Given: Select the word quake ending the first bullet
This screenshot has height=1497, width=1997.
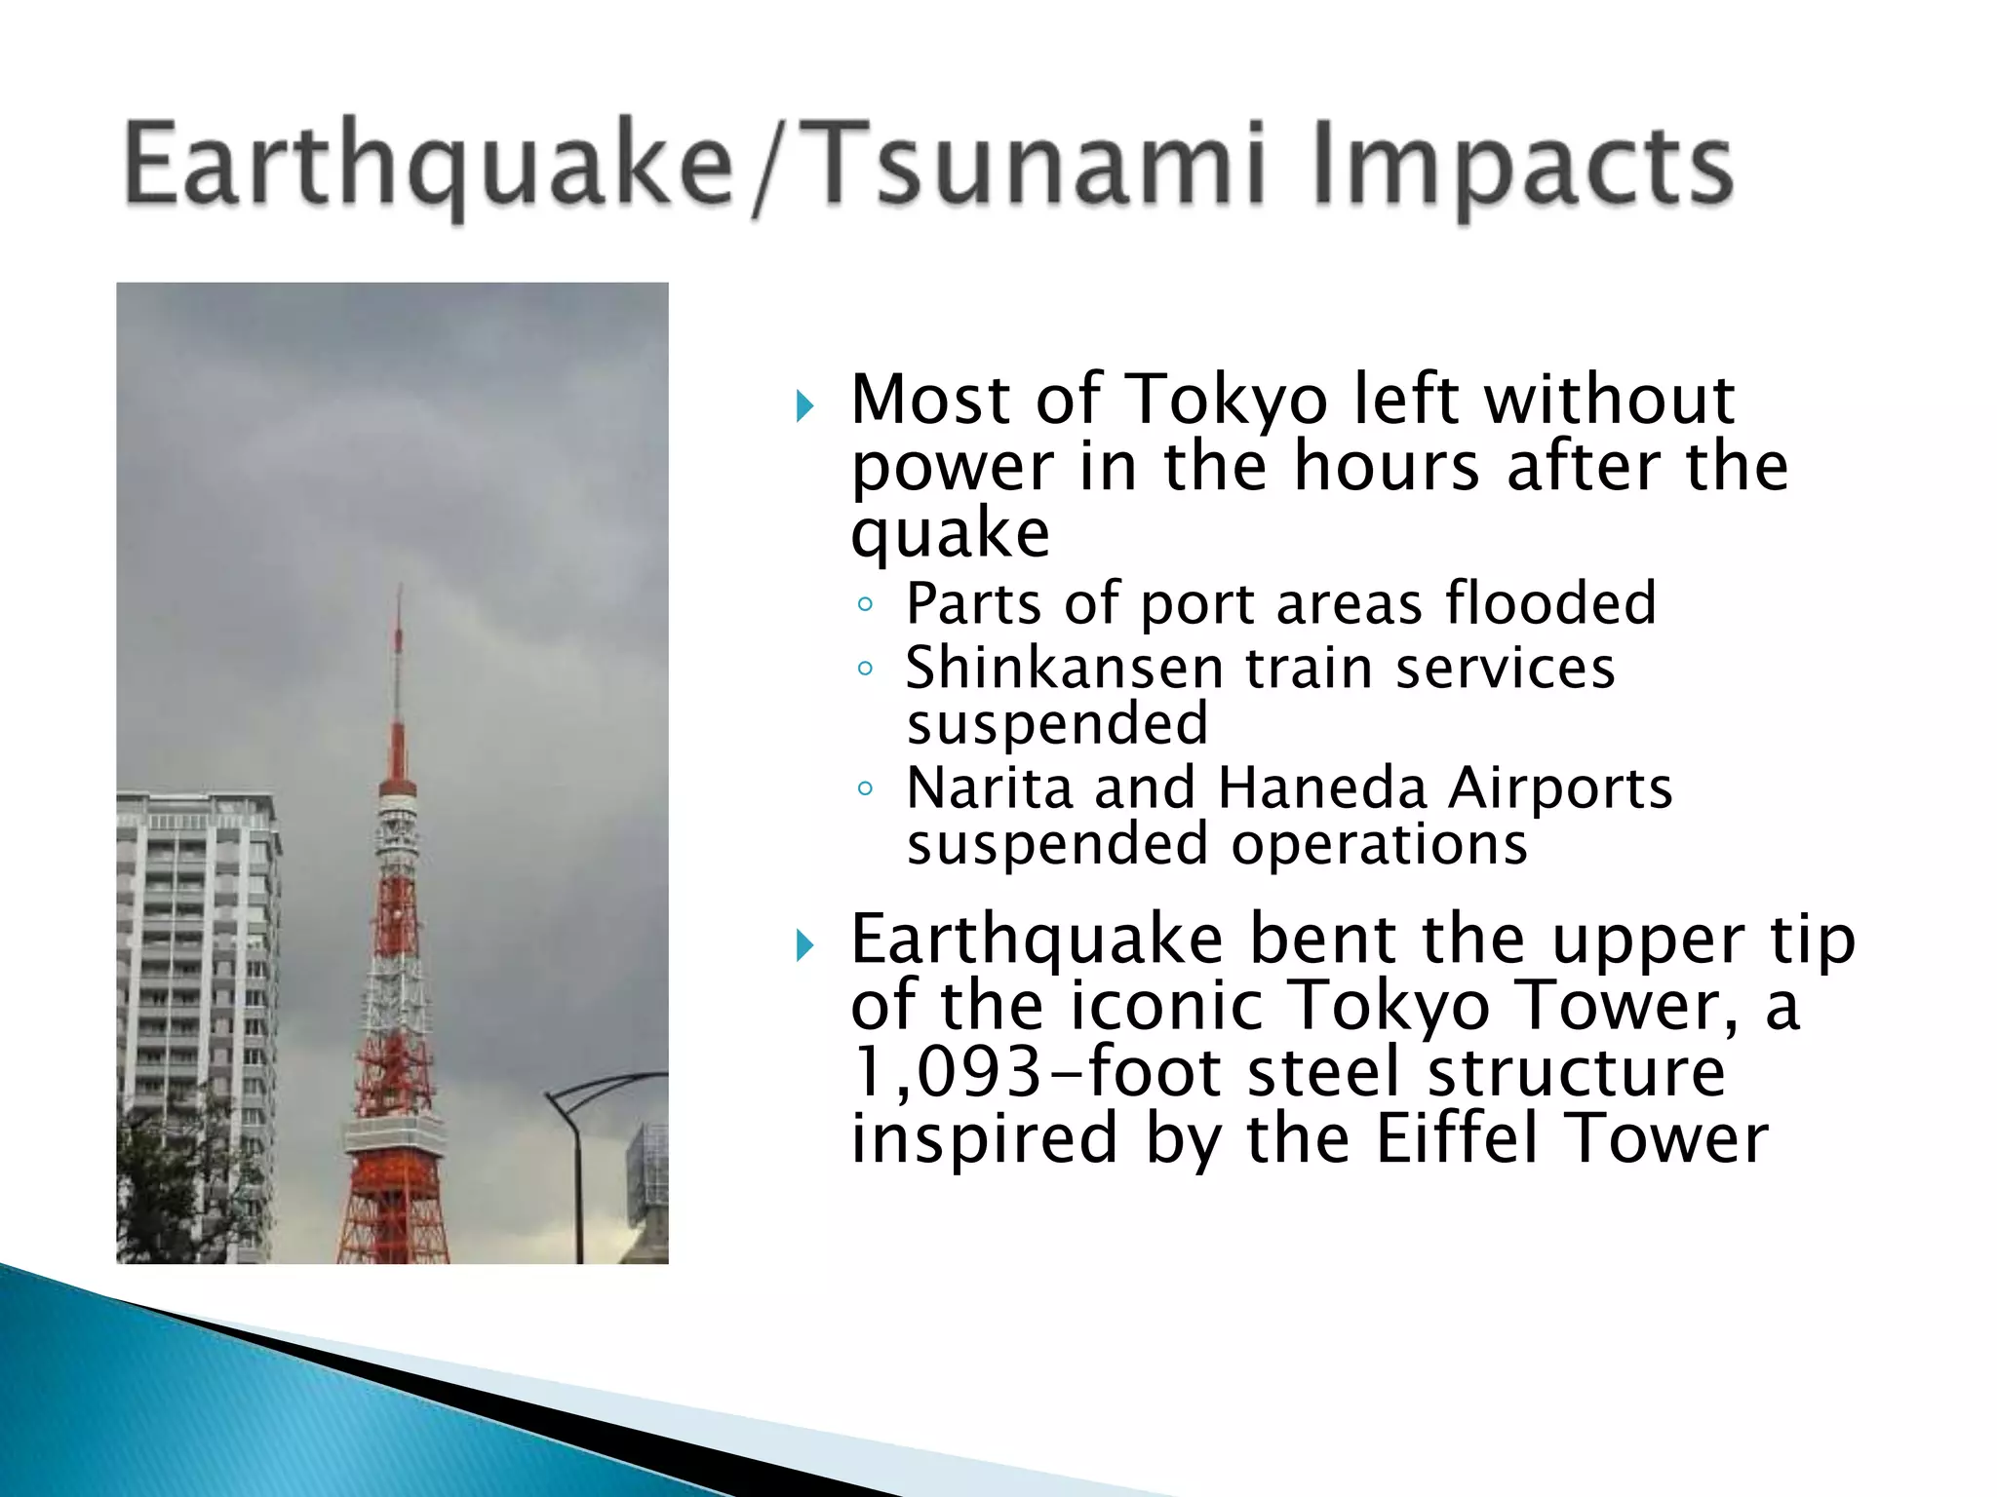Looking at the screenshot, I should pos(950,534).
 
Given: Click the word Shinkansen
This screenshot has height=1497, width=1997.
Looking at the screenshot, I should pos(1064,669).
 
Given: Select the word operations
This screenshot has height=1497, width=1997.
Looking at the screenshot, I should pos(1379,844).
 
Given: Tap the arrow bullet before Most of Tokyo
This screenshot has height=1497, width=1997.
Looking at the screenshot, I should pos(803,405).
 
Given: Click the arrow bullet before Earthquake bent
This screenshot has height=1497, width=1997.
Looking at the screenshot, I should pos(803,944).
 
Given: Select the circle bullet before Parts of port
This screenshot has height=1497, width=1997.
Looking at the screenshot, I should pos(864,605).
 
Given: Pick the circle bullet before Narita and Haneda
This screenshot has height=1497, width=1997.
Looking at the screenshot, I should pos(864,789).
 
